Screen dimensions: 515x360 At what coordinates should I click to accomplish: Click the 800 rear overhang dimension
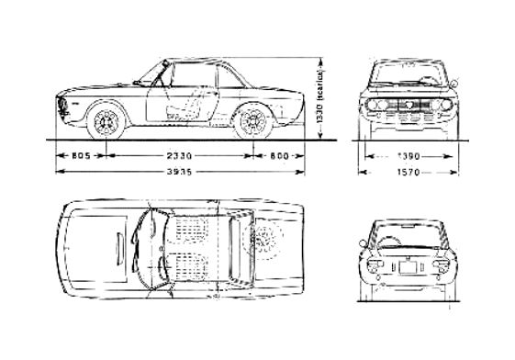pyautogui.click(x=280, y=157)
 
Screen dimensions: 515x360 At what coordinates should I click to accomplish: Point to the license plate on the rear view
pyautogui.click(x=408, y=268)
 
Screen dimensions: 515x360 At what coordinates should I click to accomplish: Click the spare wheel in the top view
pyautogui.click(x=269, y=242)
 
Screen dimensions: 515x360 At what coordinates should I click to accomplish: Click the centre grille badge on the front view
pyautogui.click(x=409, y=107)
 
